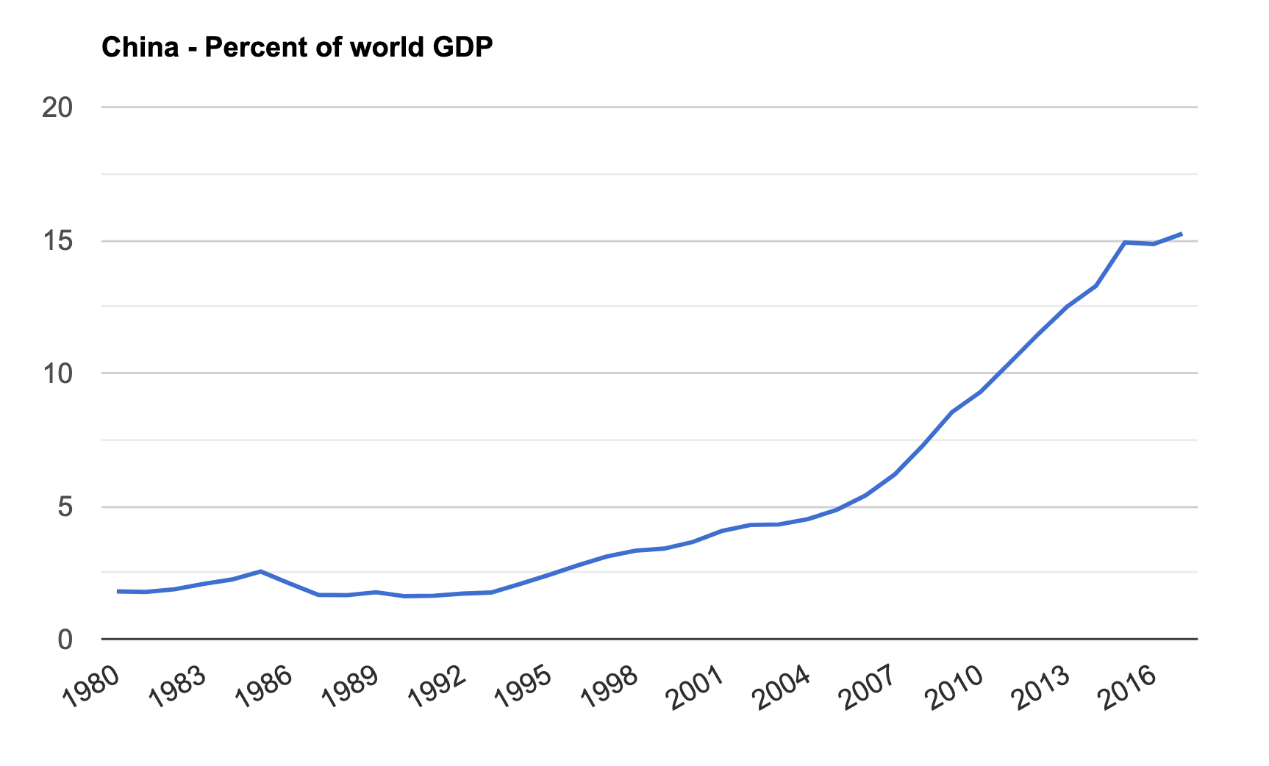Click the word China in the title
pos(140,48)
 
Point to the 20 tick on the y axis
pos(57,108)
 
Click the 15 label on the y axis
pos(57,241)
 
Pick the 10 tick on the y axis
pos(57,373)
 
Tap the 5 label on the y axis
pos(65,507)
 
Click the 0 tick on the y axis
pos(65,640)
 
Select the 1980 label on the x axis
pos(90,687)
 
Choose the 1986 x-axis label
pos(264,687)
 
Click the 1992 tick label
pos(437,687)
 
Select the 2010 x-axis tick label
pos(955,687)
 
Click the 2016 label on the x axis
pos(1129,687)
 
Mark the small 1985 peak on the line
pos(261,571)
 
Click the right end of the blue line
pos(1182,234)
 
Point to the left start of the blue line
pos(118,591)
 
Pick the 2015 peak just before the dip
pos(1124,242)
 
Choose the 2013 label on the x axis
pos(1042,687)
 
